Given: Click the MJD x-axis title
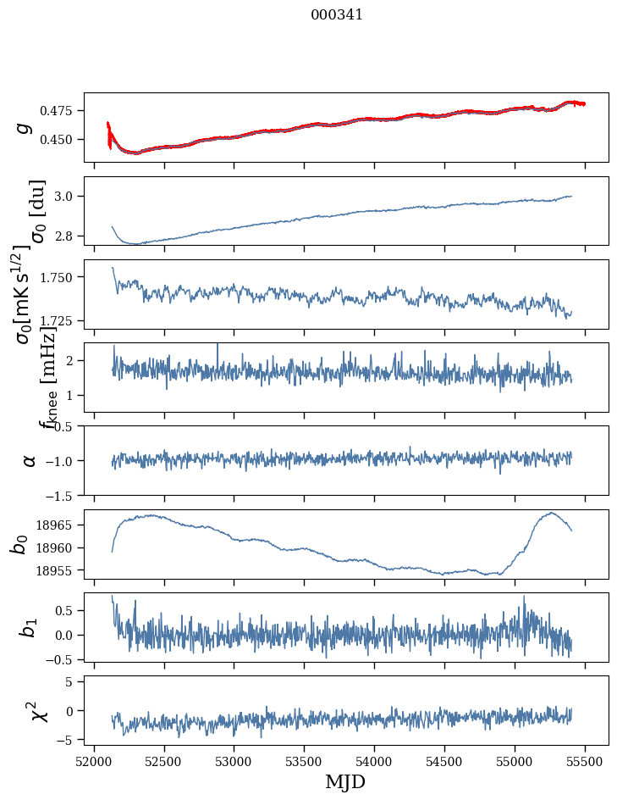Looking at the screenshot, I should [x=345, y=781].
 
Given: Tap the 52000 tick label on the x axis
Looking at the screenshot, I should [x=94, y=759].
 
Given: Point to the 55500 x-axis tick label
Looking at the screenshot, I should [x=586, y=759].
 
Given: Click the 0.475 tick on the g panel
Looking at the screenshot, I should [x=60, y=111].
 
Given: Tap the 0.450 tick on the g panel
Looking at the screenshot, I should [x=60, y=139].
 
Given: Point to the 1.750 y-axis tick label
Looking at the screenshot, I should [x=60, y=277].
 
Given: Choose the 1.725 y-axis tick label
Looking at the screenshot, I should [x=60, y=320].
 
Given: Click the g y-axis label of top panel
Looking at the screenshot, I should [x=25, y=127].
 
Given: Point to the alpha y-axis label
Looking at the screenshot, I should [x=29, y=460].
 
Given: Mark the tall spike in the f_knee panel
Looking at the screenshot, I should [x=218, y=345].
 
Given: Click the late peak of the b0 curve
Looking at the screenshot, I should [x=551, y=513].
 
